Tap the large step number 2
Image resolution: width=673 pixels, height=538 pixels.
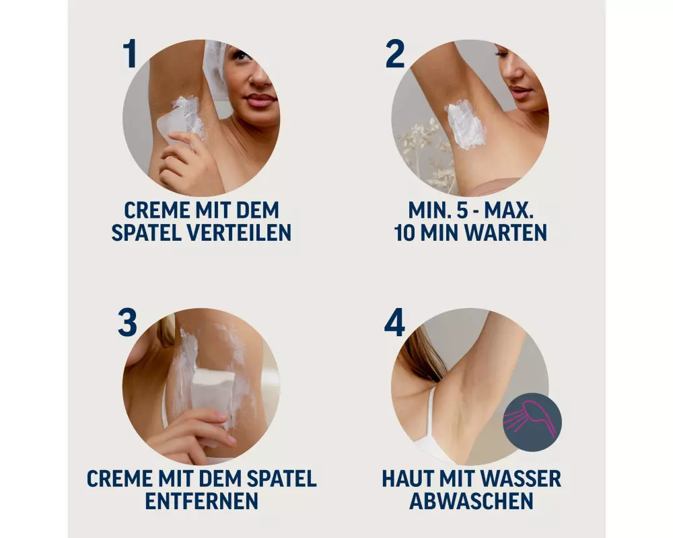395,53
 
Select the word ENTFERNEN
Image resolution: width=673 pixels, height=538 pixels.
202,501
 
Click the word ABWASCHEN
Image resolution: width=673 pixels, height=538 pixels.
471,501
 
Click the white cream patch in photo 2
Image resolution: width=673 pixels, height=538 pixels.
465,124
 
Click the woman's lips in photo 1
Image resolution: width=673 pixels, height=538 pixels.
260,101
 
